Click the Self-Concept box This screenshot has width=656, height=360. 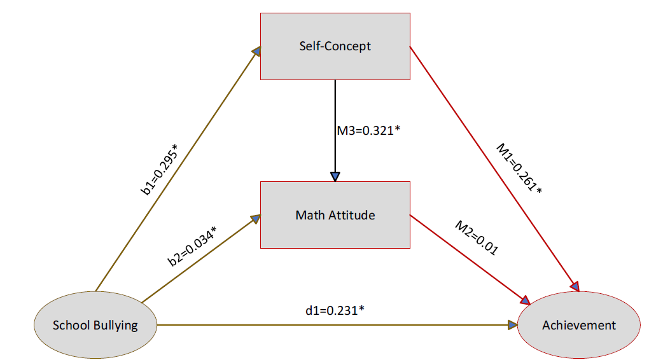point(335,46)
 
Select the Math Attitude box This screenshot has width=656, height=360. point(335,215)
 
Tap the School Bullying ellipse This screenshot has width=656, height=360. point(95,325)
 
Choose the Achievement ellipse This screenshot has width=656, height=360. point(579,325)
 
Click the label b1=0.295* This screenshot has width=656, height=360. point(159,170)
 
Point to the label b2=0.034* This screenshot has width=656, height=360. point(192,246)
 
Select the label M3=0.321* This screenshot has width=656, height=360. point(368,131)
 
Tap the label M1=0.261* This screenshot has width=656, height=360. point(519,169)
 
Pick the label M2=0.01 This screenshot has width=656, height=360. point(477,238)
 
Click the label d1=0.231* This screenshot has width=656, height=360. point(335,310)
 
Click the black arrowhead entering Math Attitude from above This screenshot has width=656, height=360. point(335,176)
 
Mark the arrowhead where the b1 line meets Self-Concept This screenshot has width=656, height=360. point(256,51)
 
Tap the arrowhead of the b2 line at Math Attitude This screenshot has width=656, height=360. point(256,218)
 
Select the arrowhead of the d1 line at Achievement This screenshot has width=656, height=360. point(512,325)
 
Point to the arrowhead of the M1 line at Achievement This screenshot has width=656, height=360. point(575,286)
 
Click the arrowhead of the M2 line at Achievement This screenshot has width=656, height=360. point(525,300)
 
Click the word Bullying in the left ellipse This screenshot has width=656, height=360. point(115,326)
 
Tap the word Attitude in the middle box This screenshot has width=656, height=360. point(351,215)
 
